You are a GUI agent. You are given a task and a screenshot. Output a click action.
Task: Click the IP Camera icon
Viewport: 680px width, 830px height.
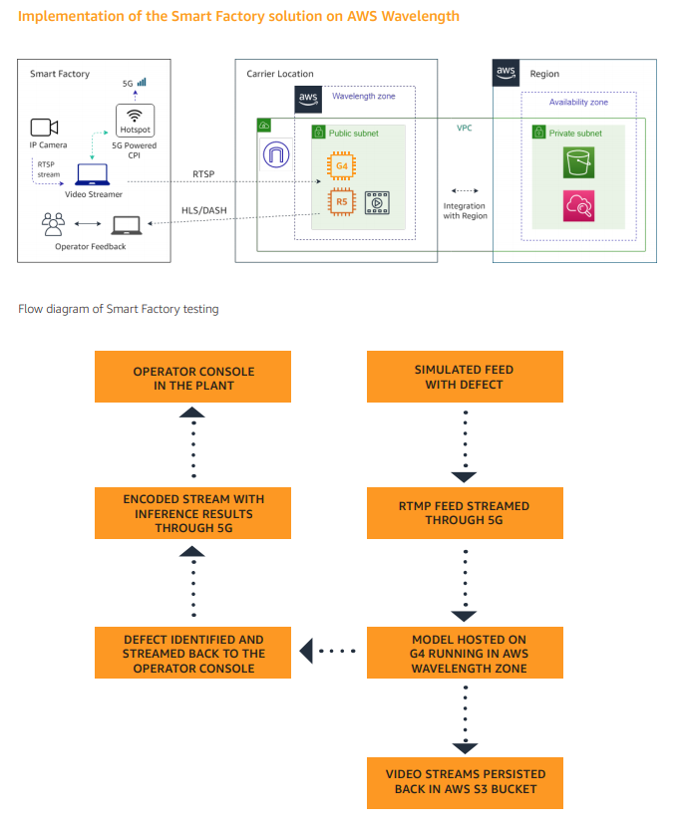tap(44, 128)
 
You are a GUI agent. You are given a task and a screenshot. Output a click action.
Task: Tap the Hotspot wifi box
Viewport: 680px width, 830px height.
tap(135, 121)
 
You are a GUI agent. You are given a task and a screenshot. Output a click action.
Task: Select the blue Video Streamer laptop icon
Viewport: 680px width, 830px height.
tap(92, 174)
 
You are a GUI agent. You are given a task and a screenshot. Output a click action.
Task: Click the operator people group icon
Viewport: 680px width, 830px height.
tap(53, 224)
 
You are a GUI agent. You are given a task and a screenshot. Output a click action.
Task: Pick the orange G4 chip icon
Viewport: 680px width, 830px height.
tap(342, 165)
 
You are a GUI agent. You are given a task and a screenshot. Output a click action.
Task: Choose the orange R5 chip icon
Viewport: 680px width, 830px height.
tap(342, 201)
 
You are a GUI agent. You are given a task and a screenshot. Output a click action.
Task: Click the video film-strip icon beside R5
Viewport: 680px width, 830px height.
tap(377, 202)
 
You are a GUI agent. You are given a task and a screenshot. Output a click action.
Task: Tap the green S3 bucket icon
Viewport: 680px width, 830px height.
tap(578, 162)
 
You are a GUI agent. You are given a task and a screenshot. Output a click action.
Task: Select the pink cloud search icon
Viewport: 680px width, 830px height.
tap(578, 206)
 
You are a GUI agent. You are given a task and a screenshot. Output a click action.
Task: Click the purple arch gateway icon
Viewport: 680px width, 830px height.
tap(276, 154)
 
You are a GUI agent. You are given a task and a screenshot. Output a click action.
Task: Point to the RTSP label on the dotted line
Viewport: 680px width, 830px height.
tap(203, 174)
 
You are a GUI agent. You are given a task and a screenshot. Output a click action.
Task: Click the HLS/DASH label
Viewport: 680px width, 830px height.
tap(203, 210)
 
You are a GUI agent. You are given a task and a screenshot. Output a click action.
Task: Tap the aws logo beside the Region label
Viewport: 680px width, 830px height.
tap(506, 73)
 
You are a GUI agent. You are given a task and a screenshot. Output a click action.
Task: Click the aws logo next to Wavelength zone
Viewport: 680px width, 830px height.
tap(308, 99)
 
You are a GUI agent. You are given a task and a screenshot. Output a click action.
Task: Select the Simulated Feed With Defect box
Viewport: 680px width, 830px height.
tap(465, 377)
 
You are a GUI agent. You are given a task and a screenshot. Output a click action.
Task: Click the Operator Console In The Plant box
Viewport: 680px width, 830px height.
tap(192, 377)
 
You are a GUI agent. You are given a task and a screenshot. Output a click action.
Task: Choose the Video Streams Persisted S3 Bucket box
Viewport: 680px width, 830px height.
tap(465, 783)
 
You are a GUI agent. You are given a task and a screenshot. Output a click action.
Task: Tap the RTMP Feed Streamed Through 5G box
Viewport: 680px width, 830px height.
tap(465, 513)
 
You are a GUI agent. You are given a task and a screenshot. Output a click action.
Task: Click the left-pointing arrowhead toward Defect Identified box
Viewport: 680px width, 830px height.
tap(306, 651)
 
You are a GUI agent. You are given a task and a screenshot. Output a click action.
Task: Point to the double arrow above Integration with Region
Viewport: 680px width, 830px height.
tap(465, 190)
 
